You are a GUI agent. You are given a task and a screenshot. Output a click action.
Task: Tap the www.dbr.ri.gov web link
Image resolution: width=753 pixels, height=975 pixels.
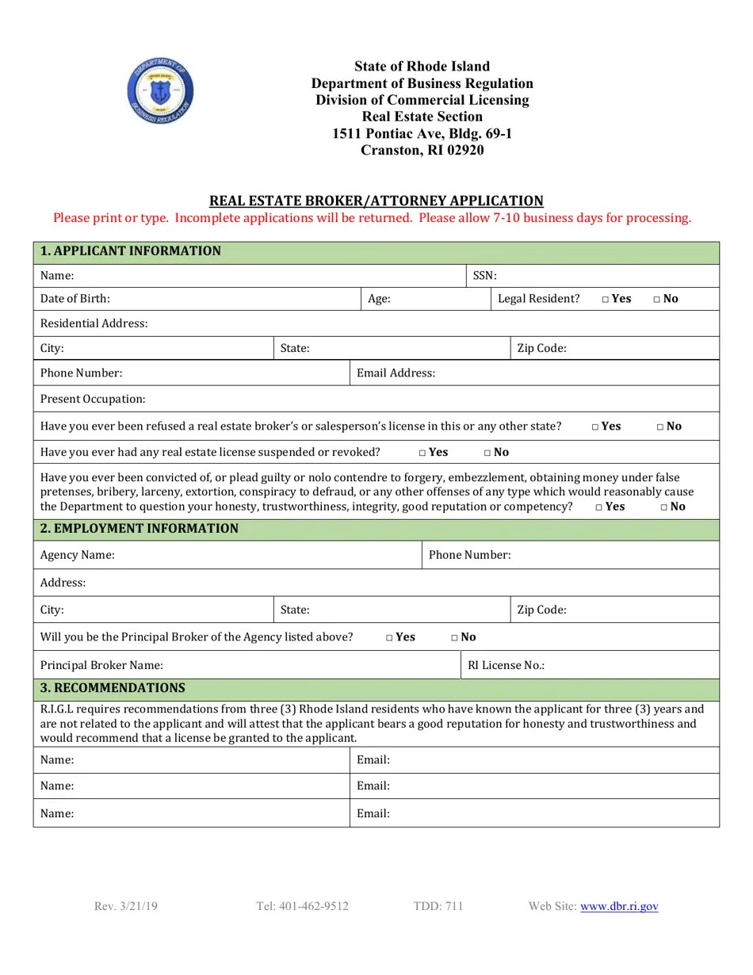point(619,906)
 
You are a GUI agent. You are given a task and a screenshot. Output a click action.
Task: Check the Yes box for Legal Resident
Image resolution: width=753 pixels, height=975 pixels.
point(606,300)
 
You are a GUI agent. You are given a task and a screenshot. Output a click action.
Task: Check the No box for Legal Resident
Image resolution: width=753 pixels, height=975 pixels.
point(657,300)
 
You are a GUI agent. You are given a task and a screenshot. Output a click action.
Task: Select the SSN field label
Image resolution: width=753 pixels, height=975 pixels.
point(484,276)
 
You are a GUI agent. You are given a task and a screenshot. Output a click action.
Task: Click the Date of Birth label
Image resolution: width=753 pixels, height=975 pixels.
point(75,299)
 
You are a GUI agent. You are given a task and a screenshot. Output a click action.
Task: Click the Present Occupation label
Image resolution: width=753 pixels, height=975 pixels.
point(93,399)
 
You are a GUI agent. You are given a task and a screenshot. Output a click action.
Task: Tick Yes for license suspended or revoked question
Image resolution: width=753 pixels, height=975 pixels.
point(422,453)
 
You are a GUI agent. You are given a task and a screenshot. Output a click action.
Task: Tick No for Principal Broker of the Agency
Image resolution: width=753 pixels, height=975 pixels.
point(455,637)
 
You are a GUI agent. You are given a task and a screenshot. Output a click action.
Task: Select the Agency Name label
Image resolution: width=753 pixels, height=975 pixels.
point(78,555)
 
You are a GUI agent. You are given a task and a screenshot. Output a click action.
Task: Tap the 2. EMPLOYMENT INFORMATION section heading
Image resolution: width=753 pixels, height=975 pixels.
point(139,529)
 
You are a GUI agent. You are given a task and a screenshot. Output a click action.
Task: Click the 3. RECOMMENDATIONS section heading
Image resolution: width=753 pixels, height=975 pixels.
point(113,688)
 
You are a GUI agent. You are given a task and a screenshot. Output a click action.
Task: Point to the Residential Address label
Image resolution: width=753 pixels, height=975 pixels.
point(94,323)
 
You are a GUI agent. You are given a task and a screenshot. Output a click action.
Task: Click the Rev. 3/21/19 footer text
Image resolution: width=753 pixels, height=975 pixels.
point(125,906)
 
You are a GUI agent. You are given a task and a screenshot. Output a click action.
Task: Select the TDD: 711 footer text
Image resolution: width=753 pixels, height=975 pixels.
point(438,906)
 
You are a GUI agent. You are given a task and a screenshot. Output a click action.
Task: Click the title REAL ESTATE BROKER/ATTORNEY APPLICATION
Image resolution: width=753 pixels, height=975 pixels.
point(376,201)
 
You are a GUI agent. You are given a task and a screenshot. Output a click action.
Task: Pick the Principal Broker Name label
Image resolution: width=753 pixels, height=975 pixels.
point(101,665)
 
